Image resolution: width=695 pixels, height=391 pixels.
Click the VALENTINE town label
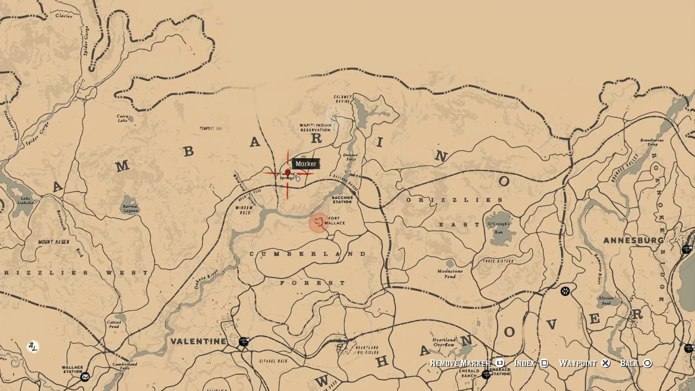(198, 341)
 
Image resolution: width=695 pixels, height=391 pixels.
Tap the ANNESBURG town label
(633, 240)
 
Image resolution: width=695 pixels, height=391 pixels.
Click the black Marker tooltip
(306, 164)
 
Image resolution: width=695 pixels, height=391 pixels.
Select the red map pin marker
(287, 173)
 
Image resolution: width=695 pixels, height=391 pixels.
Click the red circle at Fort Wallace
(319, 222)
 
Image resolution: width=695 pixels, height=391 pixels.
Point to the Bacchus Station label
(342, 200)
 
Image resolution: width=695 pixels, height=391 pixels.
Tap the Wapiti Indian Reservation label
(315, 127)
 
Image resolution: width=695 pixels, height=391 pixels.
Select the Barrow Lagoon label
(130, 209)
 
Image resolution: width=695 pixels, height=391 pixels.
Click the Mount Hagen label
(54, 242)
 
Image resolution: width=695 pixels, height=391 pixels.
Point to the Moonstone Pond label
(450, 274)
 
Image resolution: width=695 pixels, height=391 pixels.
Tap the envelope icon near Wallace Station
(85, 377)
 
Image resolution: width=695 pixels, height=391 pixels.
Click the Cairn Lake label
(123, 118)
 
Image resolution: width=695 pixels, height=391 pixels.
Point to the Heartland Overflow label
(444, 342)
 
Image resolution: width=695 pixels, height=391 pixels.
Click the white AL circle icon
(33, 347)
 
